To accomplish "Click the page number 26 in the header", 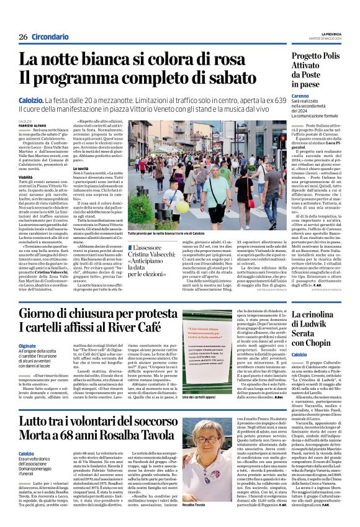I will [x=22, y=37].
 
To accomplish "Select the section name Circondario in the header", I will [x=49, y=37].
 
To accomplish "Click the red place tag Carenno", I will [x=284, y=96].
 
